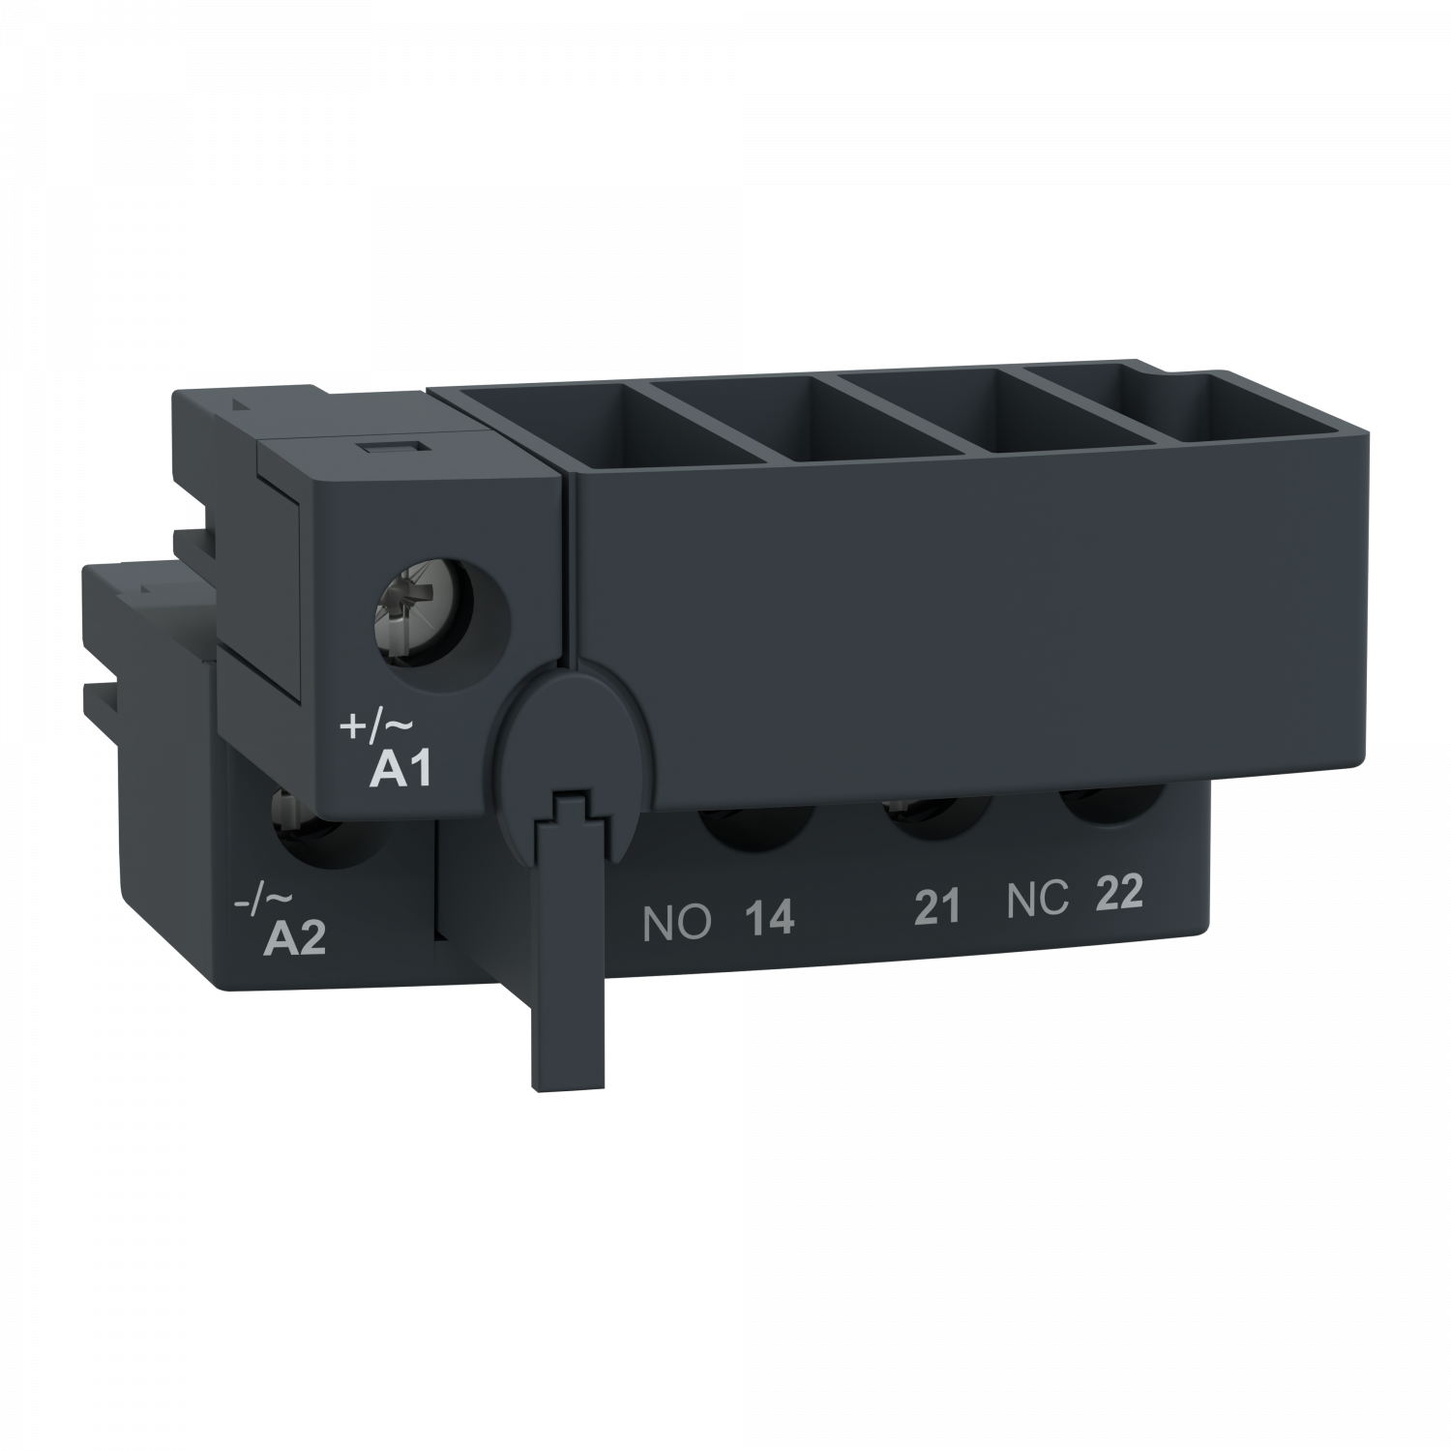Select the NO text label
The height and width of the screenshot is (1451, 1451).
click(x=677, y=924)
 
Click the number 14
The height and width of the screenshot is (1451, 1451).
click(x=768, y=918)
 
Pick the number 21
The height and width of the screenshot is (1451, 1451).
click(x=936, y=906)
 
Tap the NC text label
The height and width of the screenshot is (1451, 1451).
click(x=1037, y=901)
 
